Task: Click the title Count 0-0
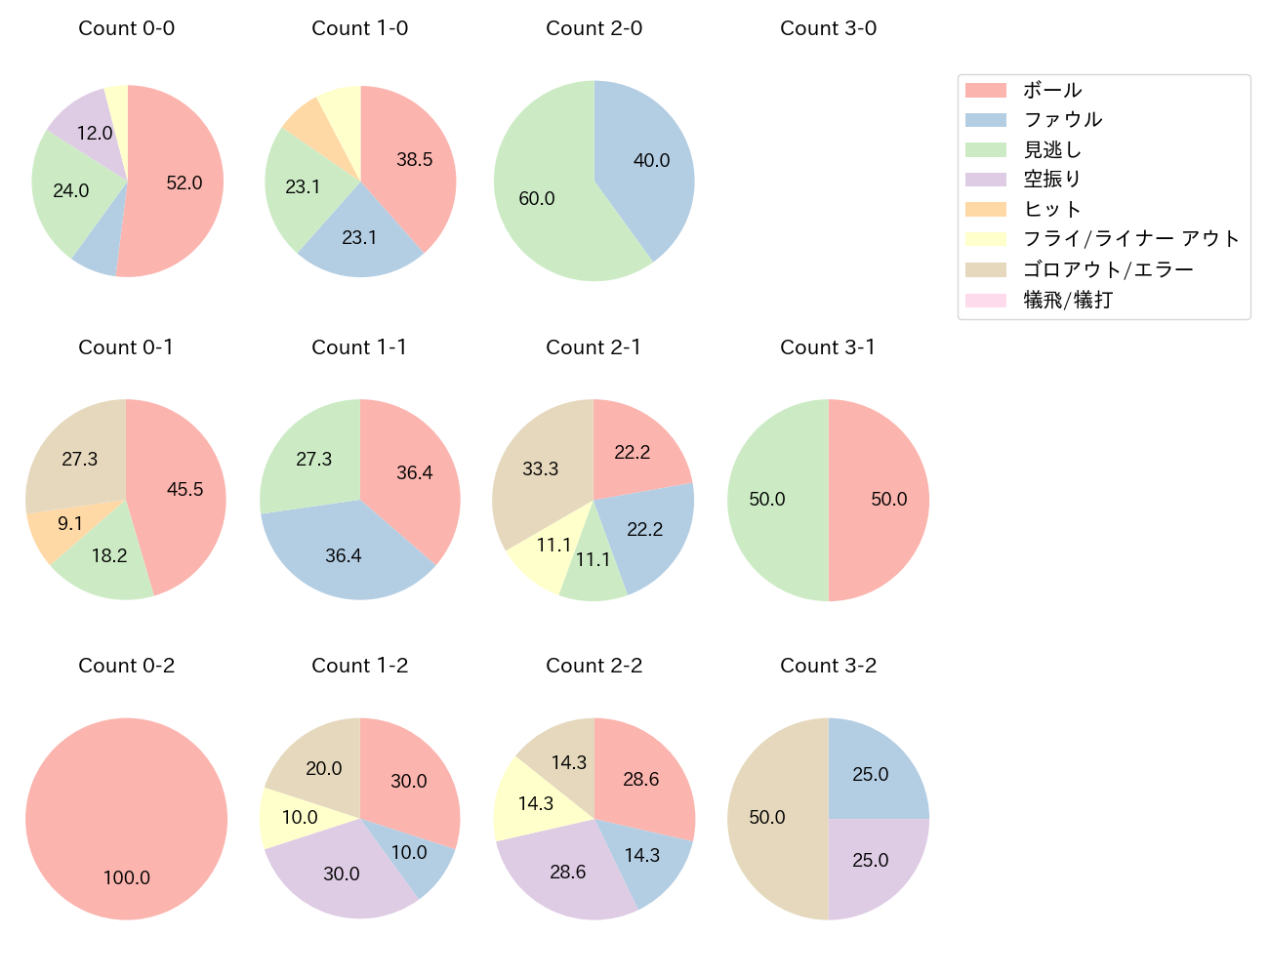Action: click(x=126, y=28)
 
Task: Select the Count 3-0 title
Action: click(x=828, y=28)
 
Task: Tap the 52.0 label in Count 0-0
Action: click(x=184, y=183)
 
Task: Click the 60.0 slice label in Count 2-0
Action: click(x=537, y=199)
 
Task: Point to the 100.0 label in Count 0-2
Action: click(x=127, y=877)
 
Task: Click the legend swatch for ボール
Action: click(x=985, y=90)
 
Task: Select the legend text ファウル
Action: click(x=1062, y=120)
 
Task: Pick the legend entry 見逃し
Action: click(x=1052, y=149)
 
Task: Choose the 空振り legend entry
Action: click(x=1052, y=180)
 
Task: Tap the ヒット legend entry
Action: click(x=1052, y=209)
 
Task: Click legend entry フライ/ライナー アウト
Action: click(x=1130, y=239)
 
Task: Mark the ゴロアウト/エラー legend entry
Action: click(x=1108, y=269)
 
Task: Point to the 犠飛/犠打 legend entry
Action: click(x=1067, y=300)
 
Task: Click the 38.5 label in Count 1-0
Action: click(x=415, y=160)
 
